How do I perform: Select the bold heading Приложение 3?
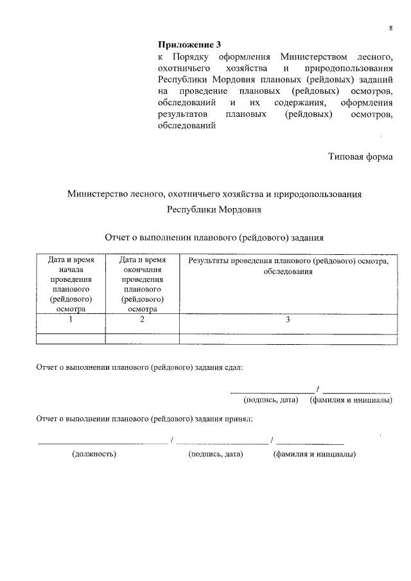coord(189,45)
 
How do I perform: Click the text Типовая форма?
coord(360,156)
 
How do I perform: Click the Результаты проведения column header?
coord(288,266)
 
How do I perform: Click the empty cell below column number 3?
coord(288,338)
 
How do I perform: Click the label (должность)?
coord(94,453)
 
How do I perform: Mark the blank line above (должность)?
coord(103,442)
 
